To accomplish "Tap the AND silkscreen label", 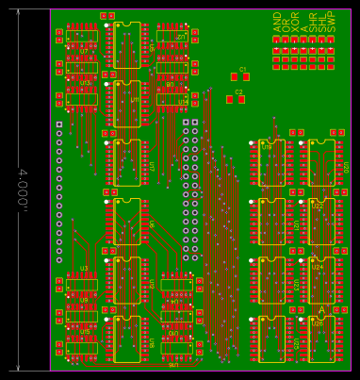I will tap(277, 24).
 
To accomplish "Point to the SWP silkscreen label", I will tap(331, 24).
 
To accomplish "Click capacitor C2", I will tap(236, 99).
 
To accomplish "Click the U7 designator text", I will tap(84, 51).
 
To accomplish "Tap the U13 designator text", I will tap(86, 82).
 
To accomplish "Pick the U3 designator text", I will tap(84, 269).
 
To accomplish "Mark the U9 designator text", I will tap(84, 301).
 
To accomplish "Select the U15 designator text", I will tap(85, 332).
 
